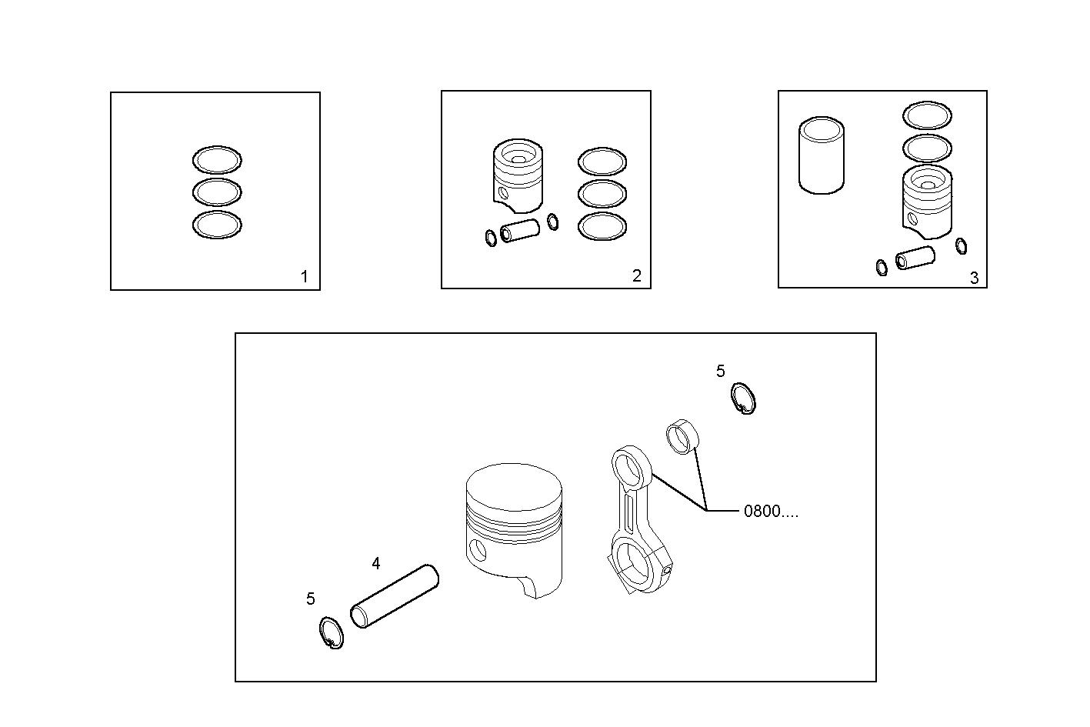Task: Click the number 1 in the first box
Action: [304, 277]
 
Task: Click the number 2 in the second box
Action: [636, 276]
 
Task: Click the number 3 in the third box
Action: [974, 278]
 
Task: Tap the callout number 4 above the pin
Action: [375, 564]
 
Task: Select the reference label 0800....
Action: [770, 512]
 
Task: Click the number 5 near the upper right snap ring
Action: [720, 372]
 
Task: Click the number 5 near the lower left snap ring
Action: [310, 599]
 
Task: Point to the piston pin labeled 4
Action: [394, 596]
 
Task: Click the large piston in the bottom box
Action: [514, 527]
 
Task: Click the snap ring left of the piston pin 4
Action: [330, 633]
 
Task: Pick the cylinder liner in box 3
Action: [822, 155]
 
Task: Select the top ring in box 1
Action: [216, 160]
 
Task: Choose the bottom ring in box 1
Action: [216, 225]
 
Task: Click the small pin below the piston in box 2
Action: [520, 232]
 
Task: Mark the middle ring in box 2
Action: [602, 194]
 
